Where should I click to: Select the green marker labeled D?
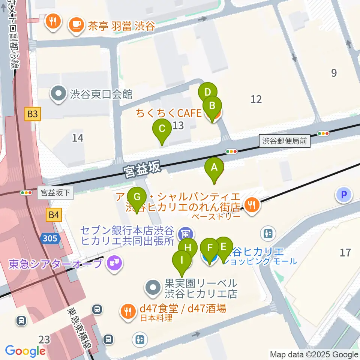coord(208,93)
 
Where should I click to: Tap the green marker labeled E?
coord(223,247)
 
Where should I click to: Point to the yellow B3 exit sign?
coord(32,114)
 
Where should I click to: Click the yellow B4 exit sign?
coord(54,215)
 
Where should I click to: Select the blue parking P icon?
coord(343,195)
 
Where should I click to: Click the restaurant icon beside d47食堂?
coord(128,311)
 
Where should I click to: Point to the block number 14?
coord(78,138)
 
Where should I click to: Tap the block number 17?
coord(345,252)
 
